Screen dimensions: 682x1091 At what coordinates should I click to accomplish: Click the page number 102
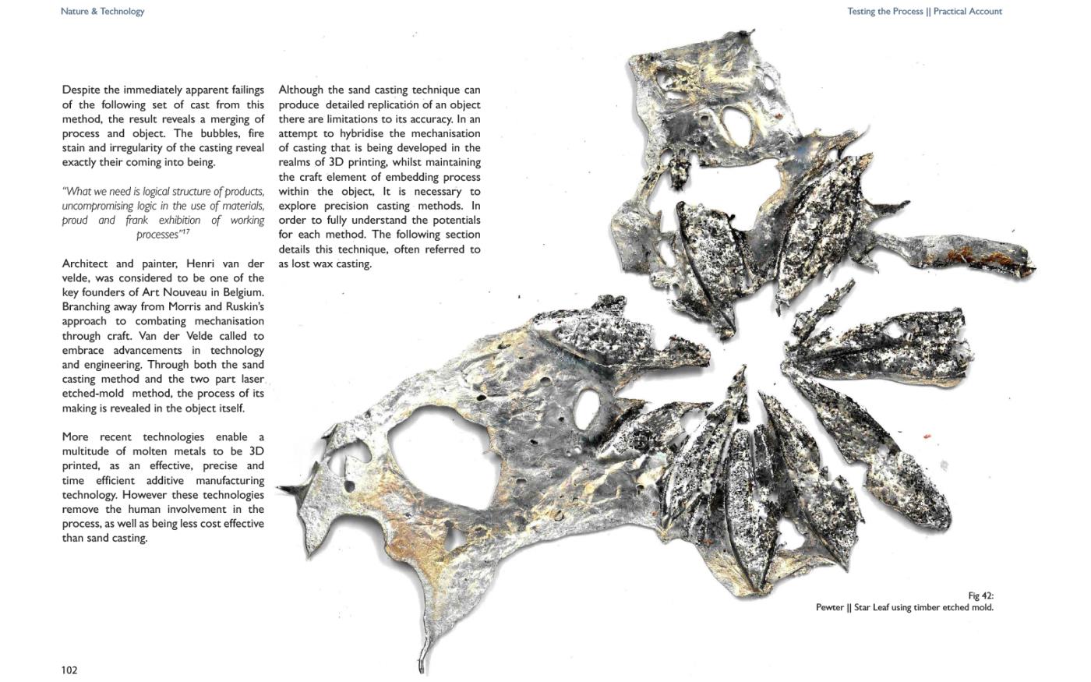point(69,670)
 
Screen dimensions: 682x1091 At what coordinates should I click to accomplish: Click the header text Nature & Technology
point(102,12)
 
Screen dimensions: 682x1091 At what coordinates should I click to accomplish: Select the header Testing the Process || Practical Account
point(924,12)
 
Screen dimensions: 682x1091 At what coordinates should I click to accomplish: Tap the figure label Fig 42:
point(980,596)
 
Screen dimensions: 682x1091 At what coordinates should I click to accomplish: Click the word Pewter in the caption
point(829,608)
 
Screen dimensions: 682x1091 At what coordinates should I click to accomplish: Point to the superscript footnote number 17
point(185,231)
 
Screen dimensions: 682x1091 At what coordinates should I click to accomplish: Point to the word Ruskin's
point(244,306)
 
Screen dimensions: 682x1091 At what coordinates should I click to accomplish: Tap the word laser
point(250,379)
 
